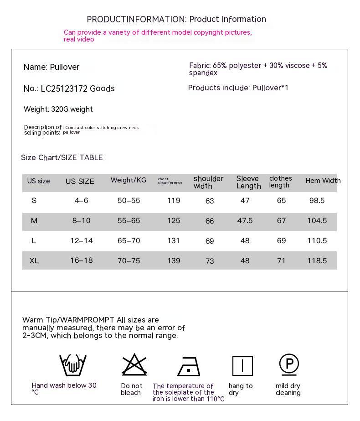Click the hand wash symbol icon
pyautogui.click(x=73, y=365)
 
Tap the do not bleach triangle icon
pyautogui.click(x=134, y=365)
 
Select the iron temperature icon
pyautogui.click(x=189, y=366)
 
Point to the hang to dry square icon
pyautogui.click(x=242, y=366)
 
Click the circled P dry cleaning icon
pyautogui.click(x=289, y=364)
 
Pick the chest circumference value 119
pyautogui.click(x=174, y=200)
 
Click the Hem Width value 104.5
pyautogui.click(x=317, y=221)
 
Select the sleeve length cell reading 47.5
pyautogui.click(x=245, y=221)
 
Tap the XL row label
pyautogui.click(x=34, y=261)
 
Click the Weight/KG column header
pyautogui.click(x=129, y=180)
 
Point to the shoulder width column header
pyautogui.click(x=208, y=182)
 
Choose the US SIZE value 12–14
pyautogui.click(x=82, y=241)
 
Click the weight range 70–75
pyautogui.click(x=129, y=261)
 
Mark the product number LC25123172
pyautogui.click(x=64, y=88)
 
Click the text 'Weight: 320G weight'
pyautogui.click(x=58, y=109)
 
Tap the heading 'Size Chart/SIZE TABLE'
pyautogui.click(x=62, y=157)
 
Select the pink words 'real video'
pyautogui.click(x=79, y=40)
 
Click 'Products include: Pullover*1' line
pyautogui.click(x=238, y=88)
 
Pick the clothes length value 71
pyautogui.click(x=281, y=261)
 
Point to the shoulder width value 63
pyautogui.click(x=210, y=201)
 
